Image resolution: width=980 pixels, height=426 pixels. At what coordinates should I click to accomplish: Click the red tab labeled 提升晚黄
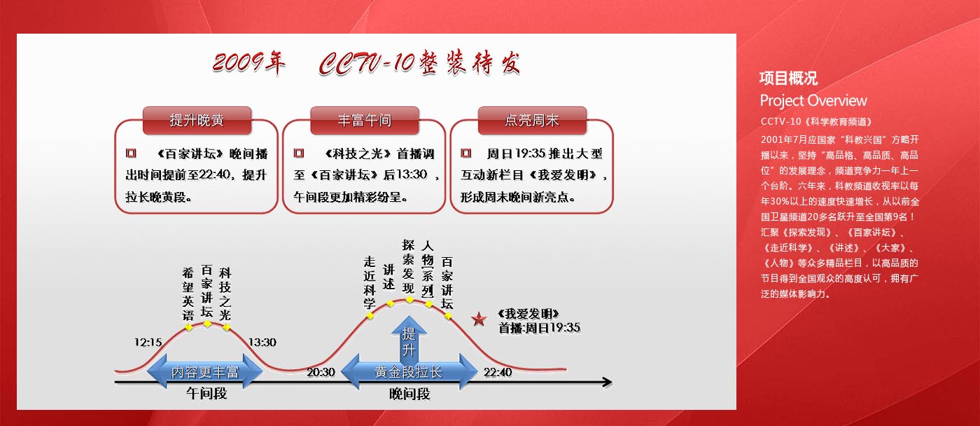click(197, 120)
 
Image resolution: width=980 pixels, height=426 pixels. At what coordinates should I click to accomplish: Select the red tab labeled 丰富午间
click(365, 120)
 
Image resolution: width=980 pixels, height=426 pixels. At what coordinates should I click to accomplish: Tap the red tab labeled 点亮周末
click(532, 120)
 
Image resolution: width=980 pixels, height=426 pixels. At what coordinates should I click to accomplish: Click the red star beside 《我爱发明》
click(479, 319)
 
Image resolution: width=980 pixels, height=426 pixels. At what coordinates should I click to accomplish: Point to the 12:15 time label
click(148, 343)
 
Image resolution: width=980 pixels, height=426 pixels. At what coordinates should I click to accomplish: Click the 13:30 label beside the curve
click(262, 343)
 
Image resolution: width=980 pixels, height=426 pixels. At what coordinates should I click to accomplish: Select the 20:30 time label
click(321, 372)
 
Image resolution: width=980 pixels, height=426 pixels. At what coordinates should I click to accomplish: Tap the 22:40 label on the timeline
click(498, 372)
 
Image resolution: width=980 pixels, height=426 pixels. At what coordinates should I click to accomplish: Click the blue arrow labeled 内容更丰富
click(204, 372)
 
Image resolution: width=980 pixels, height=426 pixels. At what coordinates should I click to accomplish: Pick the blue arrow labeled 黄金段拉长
click(409, 372)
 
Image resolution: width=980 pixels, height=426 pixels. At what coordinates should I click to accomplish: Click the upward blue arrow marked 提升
click(409, 339)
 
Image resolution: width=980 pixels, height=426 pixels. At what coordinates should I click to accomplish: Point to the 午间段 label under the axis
click(206, 393)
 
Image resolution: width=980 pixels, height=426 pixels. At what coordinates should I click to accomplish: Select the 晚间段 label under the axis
click(409, 394)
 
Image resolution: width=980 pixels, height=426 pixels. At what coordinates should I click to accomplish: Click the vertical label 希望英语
click(188, 294)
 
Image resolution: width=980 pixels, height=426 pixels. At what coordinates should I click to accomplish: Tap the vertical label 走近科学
click(370, 283)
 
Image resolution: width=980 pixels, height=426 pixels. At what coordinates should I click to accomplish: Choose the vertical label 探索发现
click(408, 267)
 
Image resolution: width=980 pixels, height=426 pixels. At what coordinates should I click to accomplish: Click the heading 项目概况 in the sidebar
click(789, 78)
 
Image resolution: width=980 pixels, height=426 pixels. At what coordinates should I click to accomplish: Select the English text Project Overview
click(813, 101)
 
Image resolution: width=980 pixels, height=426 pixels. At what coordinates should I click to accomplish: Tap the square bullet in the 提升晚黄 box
click(131, 153)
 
